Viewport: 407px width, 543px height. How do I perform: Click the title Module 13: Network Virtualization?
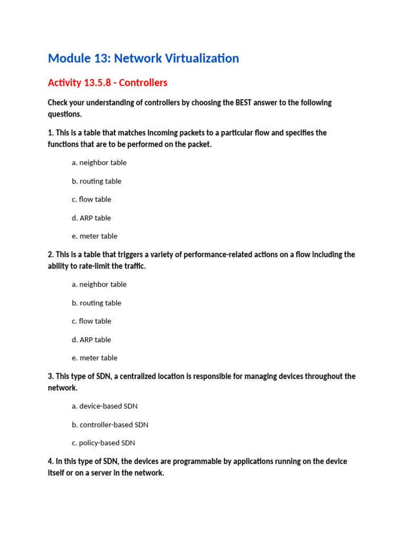[143, 58]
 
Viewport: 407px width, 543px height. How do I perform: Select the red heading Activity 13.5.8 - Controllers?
[108, 83]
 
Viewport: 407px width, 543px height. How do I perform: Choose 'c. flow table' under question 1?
[92, 199]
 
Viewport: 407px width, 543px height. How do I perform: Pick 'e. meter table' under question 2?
[94, 358]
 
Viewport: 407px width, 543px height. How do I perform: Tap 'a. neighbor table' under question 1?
[99, 163]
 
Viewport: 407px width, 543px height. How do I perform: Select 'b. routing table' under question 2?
[96, 303]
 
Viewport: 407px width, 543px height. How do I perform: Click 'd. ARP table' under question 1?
[91, 218]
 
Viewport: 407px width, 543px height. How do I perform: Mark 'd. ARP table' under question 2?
[91, 339]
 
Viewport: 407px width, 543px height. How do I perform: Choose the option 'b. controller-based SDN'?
[110, 425]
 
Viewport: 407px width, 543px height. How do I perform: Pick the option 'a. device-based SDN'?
[104, 406]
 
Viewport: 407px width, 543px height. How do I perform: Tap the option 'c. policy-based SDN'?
[103, 443]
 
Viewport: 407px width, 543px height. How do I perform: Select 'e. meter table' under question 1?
[94, 236]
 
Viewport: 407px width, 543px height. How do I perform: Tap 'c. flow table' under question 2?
[92, 321]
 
